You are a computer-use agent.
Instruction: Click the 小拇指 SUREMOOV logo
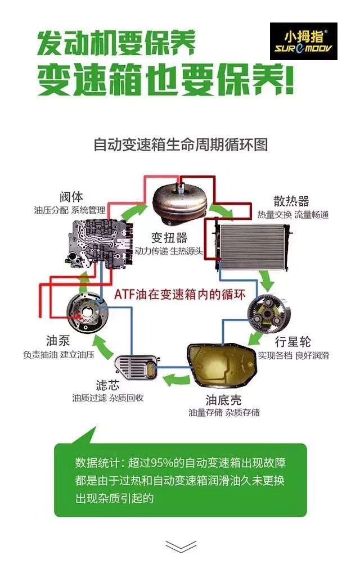pos(303,41)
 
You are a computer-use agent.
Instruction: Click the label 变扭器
pos(169,237)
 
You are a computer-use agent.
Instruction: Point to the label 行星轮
pos(293,342)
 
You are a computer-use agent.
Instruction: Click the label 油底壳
pos(224,400)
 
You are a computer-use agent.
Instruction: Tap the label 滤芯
pos(108,385)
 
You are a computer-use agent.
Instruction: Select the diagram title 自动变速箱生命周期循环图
pos(180,144)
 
